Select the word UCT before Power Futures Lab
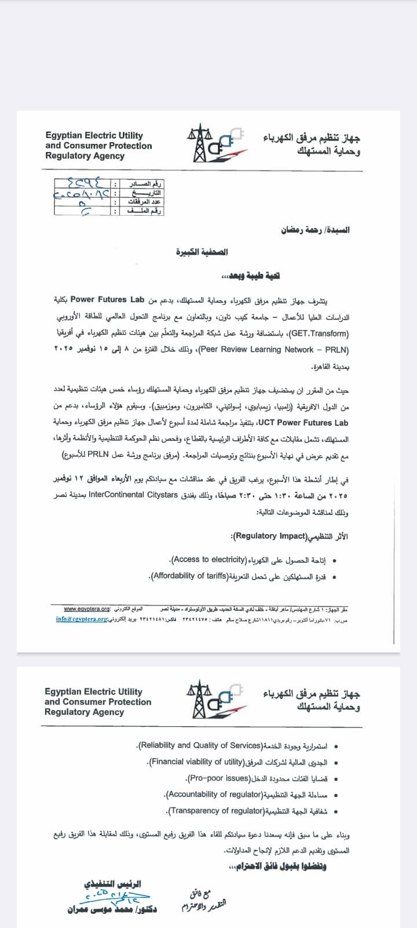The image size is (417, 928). (x=266, y=423)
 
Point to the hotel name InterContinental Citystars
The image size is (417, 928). (x=133, y=495)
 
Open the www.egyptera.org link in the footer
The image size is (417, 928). (x=87, y=609)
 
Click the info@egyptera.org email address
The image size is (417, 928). (x=82, y=619)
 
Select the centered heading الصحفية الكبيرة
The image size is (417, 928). (x=202, y=252)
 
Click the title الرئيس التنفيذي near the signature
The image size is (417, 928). (x=112, y=884)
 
